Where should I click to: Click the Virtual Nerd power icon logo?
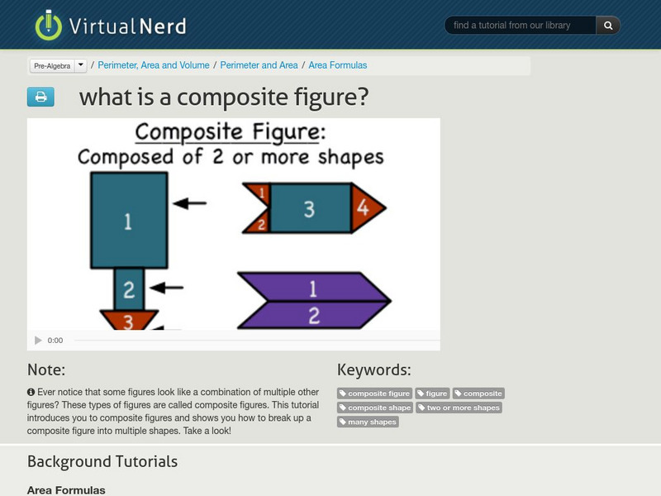(49, 26)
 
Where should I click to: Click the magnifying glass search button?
(608, 26)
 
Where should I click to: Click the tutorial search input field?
(521, 26)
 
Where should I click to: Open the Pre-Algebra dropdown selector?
(58, 65)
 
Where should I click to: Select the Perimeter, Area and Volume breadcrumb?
(155, 65)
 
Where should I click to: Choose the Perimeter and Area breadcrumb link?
(259, 65)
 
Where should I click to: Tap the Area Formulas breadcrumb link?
(338, 65)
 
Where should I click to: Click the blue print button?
(40, 97)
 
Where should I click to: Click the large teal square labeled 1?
(129, 220)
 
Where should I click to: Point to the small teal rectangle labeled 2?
(129, 289)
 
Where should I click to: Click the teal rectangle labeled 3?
(309, 208)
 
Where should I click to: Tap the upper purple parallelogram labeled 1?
(314, 289)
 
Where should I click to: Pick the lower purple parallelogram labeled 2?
(314, 315)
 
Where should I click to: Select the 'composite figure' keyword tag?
(374, 393)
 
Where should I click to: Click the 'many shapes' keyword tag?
(368, 422)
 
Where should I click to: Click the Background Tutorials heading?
(102, 461)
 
